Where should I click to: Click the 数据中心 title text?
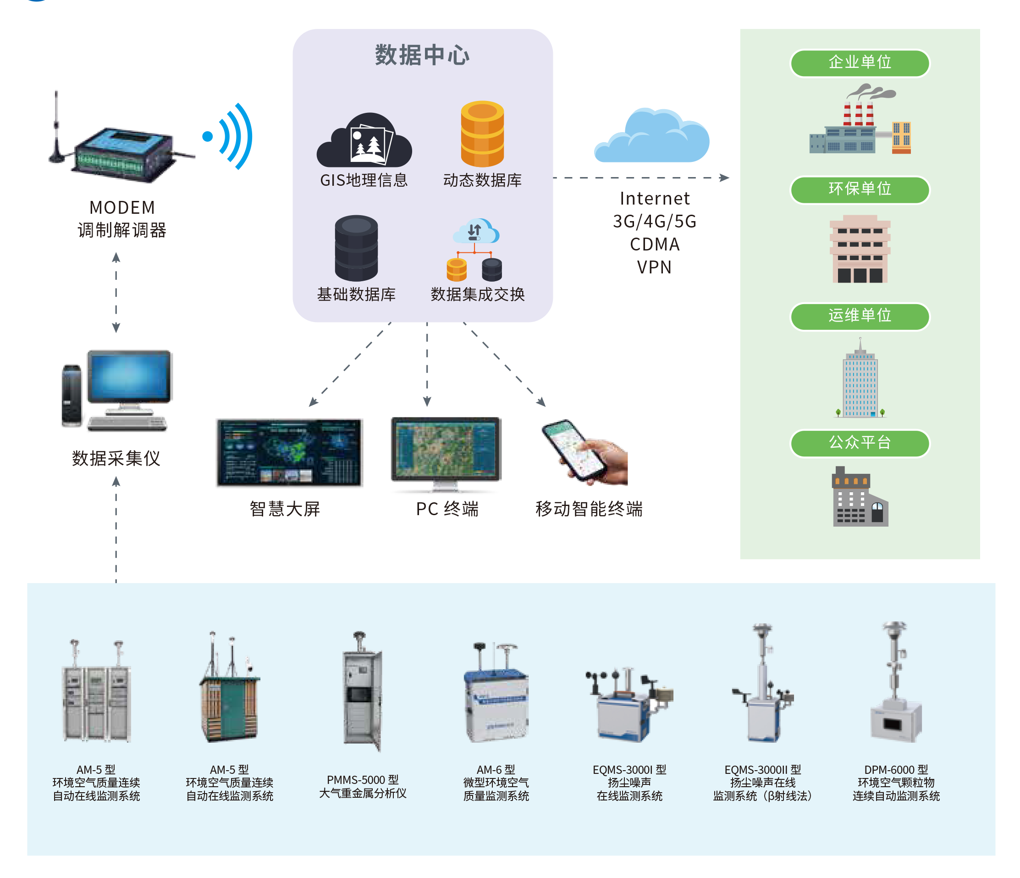click(x=422, y=55)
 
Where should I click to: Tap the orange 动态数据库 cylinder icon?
click(x=482, y=134)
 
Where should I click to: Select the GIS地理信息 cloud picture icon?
click(x=364, y=141)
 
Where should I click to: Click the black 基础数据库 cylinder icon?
click(x=356, y=248)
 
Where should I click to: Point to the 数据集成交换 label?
click(x=478, y=294)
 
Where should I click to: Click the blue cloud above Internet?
click(x=652, y=137)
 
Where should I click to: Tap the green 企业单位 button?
click(x=860, y=62)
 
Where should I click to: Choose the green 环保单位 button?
click(x=860, y=189)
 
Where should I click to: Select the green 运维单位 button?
click(x=860, y=316)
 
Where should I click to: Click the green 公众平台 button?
click(x=860, y=443)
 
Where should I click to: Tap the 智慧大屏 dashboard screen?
click(x=289, y=453)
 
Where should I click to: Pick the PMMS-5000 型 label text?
click(x=363, y=780)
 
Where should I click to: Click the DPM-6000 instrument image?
click(x=895, y=684)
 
